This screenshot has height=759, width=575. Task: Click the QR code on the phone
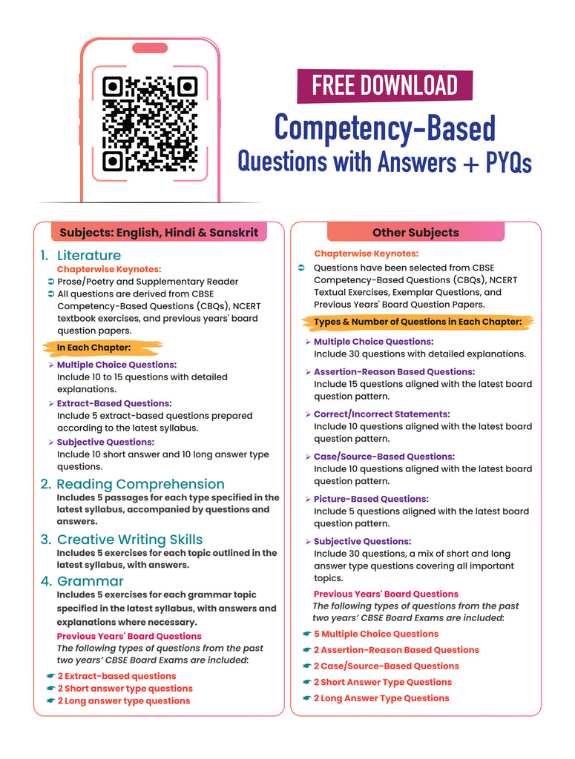pos(150,124)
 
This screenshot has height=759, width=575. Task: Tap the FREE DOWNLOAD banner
pos(384,85)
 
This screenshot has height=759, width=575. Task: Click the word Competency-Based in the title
pos(384,127)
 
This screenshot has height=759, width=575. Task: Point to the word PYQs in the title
pos(508,162)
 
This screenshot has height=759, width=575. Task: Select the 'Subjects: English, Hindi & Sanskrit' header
pos(159,233)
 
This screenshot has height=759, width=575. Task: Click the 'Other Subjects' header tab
pos(415,233)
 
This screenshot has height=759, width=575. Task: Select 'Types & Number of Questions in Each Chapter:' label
pos(418,322)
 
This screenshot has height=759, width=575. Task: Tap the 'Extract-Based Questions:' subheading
pos(114,403)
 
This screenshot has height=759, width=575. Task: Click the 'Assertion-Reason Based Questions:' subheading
pos(394,371)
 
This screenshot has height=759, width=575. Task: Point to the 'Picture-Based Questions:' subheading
pos(371,499)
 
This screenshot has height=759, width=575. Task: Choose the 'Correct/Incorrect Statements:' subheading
pos(381,414)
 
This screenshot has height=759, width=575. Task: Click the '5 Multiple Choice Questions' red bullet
pos(375,634)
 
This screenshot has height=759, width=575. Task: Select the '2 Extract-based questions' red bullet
pos(116,676)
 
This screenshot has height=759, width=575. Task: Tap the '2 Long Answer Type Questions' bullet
pos(381,697)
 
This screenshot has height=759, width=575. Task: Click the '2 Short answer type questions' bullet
pos(125,689)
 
